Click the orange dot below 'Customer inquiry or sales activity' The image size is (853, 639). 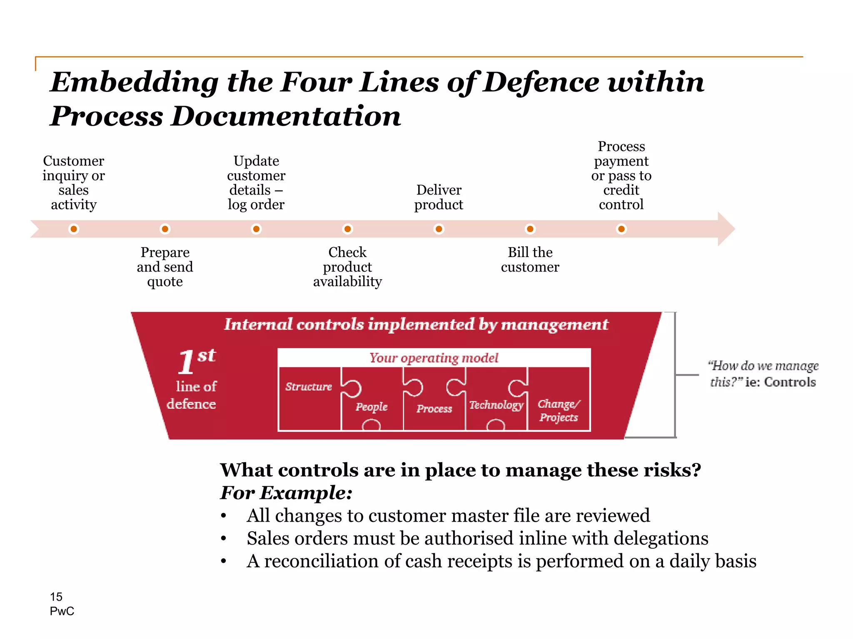74,229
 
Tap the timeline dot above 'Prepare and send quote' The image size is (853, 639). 165,229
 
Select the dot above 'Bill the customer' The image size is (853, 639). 530,229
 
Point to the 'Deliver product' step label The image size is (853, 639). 439,197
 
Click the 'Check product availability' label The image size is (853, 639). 347,267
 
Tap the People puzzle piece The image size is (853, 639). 372,406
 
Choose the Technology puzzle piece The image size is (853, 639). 496,404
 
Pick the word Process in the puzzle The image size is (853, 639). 434,409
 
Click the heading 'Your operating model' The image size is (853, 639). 434,358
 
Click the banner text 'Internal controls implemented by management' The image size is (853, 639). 416,324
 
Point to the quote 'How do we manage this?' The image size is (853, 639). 763,373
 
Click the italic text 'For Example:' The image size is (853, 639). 286,493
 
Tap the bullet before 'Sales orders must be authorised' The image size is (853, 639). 224,539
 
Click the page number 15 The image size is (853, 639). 56,597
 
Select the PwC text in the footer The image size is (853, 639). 62,611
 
